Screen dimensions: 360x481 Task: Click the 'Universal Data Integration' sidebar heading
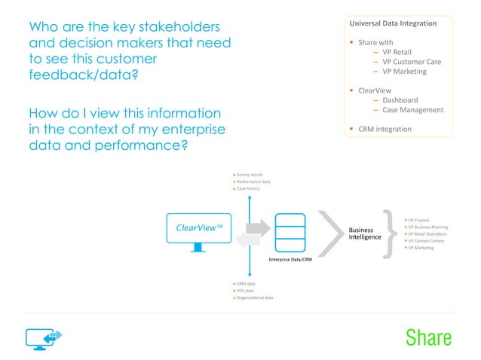[397, 23]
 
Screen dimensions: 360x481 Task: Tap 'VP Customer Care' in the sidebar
[412, 62]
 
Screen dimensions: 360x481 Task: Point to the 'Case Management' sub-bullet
[412, 110]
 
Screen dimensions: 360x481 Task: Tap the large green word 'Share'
[428, 337]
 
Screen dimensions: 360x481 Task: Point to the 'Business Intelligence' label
[360, 233]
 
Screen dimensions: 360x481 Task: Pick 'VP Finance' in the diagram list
[418, 220]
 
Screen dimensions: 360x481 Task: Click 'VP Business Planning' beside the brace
[428, 227]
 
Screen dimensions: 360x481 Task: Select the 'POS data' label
[247, 290]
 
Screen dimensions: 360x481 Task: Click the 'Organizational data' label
[255, 297]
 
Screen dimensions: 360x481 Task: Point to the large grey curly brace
[391, 233]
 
